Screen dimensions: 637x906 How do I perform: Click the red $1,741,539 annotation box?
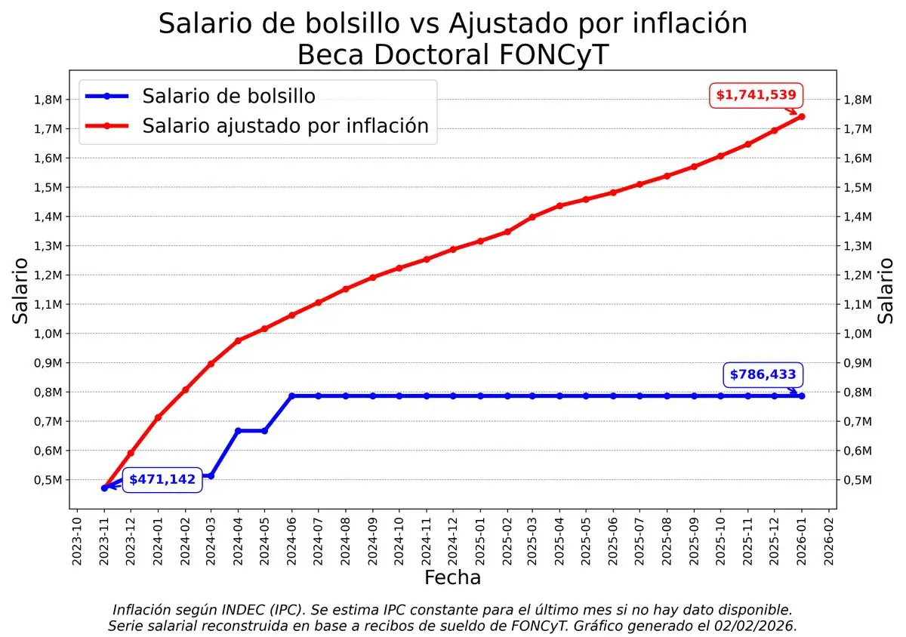click(756, 95)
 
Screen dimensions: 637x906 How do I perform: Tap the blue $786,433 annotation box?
click(763, 374)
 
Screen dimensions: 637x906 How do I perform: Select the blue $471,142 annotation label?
click(162, 479)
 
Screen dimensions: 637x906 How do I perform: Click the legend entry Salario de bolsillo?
click(229, 96)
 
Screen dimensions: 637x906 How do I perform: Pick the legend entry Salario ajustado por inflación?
click(285, 125)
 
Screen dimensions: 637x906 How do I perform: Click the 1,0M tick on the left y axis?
click(45, 334)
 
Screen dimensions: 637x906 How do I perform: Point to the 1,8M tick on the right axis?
click(858, 100)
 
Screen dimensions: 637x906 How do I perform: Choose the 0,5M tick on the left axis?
click(45, 480)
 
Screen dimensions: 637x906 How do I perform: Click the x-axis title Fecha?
click(452, 578)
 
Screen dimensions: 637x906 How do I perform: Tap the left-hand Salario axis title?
click(21, 291)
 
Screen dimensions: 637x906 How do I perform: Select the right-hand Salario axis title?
click(886, 291)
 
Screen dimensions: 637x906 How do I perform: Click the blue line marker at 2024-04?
click(238, 431)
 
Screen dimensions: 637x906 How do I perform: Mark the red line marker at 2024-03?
click(211, 364)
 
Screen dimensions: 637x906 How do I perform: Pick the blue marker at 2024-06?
click(291, 395)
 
